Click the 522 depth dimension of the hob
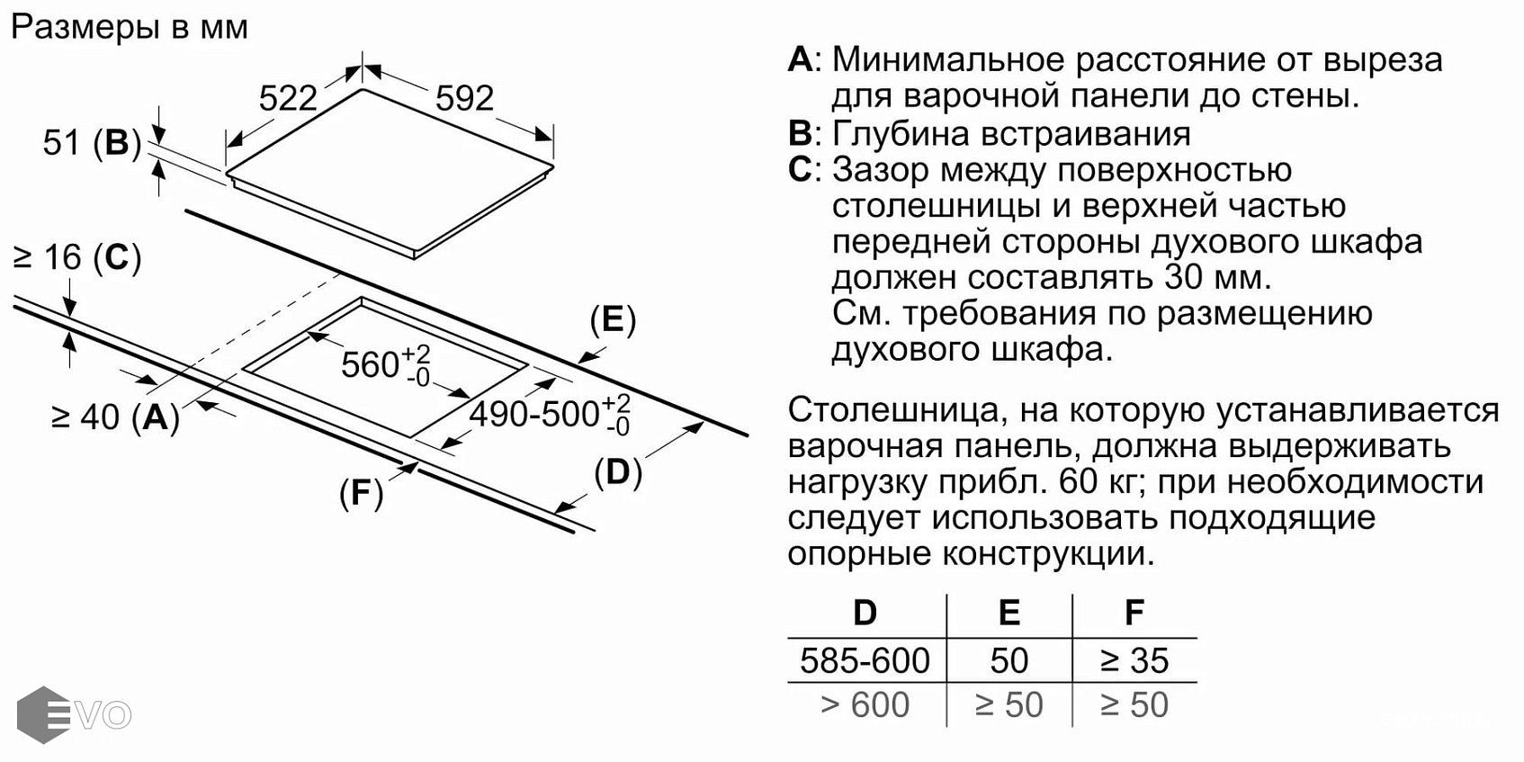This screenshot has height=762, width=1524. click(x=288, y=98)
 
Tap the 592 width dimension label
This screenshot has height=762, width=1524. click(x=464, y=98)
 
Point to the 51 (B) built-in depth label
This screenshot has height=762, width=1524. click(x=92, y=142)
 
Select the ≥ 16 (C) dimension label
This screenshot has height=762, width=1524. click(x=77, y=258)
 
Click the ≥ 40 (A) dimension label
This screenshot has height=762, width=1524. click(x=115, y=417)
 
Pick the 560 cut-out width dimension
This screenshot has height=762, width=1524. click(x=385, y=364)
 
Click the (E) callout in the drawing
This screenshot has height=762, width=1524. click(x=613, y=320)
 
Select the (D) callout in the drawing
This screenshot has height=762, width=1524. click(x=618, y=472)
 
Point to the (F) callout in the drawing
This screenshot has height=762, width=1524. click(x=361, y=493)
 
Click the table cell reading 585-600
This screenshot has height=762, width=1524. click(x=865, y=661)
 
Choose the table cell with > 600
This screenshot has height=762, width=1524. click(x=865, y=705)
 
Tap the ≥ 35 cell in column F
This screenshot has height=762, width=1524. click(x=1134, y=661)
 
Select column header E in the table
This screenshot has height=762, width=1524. click(x=1009, y=613)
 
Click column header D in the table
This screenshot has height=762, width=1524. click(x=865, y=613)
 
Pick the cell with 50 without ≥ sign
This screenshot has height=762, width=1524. click(x=1009, y=661)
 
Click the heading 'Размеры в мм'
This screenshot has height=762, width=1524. click(x=130, y=27)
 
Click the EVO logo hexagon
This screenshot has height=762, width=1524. click(x=43, y=715)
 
